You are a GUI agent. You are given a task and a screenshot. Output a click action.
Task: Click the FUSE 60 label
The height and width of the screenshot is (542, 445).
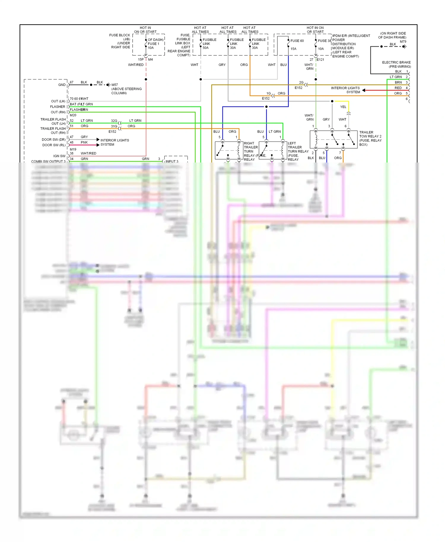(x=297, y=41)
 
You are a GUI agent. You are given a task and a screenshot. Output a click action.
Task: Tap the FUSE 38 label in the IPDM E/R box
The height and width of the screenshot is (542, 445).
(x=324, y=41)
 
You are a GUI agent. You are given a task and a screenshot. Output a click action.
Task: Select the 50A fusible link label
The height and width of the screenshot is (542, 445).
(x=206, y=48)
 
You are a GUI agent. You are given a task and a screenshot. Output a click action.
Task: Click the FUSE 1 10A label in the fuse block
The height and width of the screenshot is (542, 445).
(x=153, y=44)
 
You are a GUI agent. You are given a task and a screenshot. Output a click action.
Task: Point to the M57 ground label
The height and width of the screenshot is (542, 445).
(x=115, y=85)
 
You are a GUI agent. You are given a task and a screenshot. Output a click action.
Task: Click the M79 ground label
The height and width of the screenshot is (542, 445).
(x=403, y=42)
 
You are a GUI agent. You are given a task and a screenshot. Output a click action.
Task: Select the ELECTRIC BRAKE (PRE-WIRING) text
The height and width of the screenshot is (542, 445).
(x=396, y=64)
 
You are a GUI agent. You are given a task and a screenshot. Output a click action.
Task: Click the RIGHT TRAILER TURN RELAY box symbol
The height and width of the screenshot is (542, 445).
(x=229, y=150)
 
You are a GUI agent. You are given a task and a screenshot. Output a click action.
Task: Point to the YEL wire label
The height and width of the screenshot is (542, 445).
(x=343, y=107)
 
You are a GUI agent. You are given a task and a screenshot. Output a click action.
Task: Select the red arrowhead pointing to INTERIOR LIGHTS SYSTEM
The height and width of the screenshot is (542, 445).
(x=364, y=90)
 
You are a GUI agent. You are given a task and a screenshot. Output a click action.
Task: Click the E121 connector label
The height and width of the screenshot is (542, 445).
(x=320, y=60)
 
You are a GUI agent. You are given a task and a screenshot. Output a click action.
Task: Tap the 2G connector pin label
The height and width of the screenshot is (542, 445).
(x=301, y=82)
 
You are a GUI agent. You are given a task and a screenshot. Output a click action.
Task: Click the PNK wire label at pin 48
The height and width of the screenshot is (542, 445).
(x=84, y=142)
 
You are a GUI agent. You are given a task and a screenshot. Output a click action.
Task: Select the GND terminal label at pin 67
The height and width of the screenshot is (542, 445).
(x=62, y=85)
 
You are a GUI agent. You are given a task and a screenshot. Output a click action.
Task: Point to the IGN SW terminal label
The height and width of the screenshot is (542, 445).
(x=59, y=156)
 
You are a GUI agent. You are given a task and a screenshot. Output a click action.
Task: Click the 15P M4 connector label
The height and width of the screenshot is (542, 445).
(x=145, y=60)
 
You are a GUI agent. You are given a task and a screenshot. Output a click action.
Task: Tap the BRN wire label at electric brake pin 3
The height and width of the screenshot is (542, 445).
(x=398, y=82)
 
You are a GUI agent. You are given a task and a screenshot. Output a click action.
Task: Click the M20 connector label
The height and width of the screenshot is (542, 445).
(x=73, y=115)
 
